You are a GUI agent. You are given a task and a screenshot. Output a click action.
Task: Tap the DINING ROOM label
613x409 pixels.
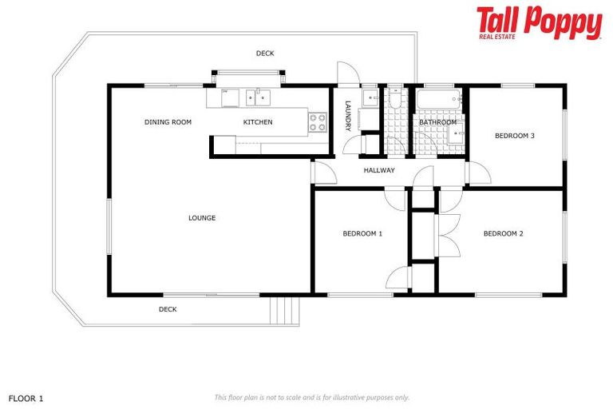click(168, 122)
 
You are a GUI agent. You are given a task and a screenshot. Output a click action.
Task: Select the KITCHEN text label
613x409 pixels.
click(258, 122)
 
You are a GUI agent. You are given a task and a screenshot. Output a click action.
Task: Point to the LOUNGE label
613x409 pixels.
click(202, 218)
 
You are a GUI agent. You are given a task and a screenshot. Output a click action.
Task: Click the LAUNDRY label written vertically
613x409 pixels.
click(347, 117)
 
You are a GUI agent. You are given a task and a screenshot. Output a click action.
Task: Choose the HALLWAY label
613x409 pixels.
click(379, 170)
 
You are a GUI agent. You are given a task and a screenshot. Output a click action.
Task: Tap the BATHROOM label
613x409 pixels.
click(438, 122)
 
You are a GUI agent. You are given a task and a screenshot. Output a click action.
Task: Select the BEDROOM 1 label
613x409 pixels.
click(362, 234)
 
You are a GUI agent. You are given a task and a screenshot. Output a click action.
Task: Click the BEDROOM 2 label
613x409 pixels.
click(504, 234)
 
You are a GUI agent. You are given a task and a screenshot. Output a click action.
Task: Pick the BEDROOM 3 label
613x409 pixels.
click(515, 136)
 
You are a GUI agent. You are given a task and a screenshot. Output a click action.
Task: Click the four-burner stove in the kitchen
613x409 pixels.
click(318, 121)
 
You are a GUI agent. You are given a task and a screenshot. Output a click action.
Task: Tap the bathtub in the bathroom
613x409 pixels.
click(437, 101)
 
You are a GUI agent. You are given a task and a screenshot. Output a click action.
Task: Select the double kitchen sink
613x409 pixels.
click(258, 97)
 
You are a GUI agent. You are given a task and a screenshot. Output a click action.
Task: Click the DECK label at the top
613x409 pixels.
click(265, 54)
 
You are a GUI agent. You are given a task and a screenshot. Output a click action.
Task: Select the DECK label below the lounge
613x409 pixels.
click(168, 309)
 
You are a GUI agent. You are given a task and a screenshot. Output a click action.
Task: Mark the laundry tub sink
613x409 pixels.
click(371, 98)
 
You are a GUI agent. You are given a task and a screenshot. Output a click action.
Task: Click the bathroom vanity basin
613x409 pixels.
click(457, 133)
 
